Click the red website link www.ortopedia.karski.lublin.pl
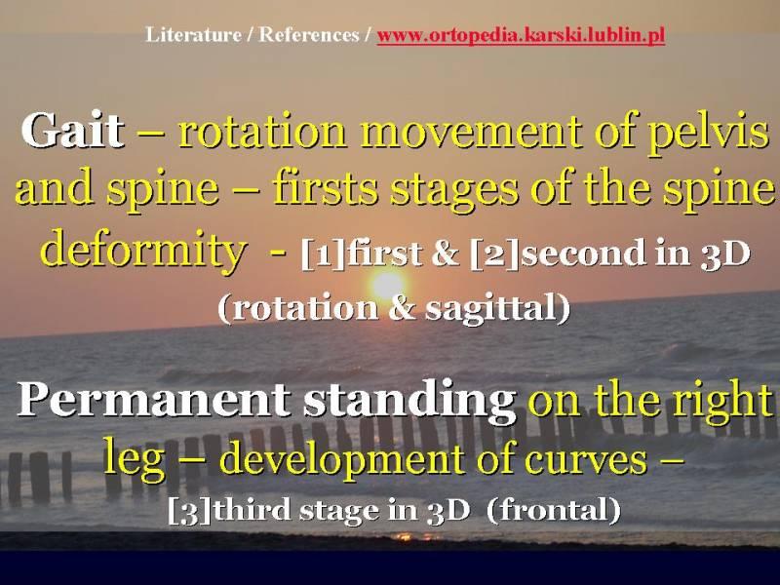[x=521, y=36]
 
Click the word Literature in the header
[x=193, y=35]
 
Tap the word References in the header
[x=309, y=35]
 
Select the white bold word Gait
[x=72, y=130]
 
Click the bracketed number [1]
[x=323, y=253]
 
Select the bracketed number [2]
[x=494, y=253]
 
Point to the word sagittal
[x=491, y=308]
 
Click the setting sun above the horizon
[x=387, y=285]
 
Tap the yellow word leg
[x=134, y=457]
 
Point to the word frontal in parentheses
[x=553, y=509]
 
